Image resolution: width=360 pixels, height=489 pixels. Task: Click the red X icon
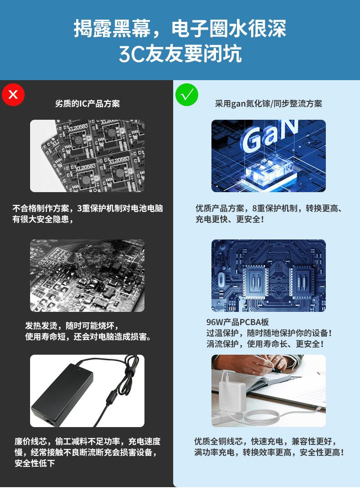13,94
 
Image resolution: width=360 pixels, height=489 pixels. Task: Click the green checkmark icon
187,95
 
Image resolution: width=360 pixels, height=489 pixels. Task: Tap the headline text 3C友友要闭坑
180,54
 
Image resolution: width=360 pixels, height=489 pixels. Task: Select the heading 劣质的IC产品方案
87,104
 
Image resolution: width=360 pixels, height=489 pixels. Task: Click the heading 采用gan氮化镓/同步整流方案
268,104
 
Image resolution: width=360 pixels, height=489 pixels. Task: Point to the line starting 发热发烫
72,326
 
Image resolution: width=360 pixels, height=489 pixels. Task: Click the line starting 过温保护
269,333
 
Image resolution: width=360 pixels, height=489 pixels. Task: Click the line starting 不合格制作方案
87,209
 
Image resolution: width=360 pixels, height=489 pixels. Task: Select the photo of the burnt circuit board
87,275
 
